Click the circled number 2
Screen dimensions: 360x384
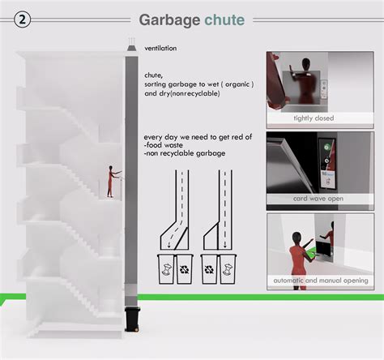(x=23, y=20)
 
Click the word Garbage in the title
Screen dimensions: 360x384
(x=169, y=19)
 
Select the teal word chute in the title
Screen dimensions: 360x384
(x=224, y=19)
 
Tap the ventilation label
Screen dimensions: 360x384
(x=160, y=49)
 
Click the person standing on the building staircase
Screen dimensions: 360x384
(x=111, y=182)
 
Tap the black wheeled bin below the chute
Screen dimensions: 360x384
(x=131, y=319)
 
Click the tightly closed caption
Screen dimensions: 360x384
(x=318, y=118)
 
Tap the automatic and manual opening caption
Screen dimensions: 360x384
(x=319, y=281)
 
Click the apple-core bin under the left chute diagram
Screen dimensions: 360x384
(x=165, y=269)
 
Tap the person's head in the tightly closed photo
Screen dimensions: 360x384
(x=304, y=66)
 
